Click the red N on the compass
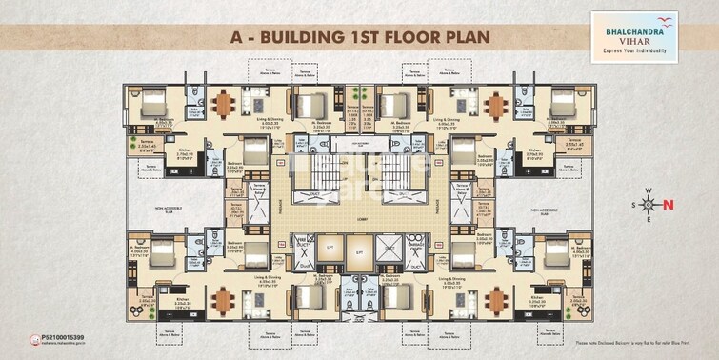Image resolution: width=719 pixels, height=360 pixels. click(x=668, y=204)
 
